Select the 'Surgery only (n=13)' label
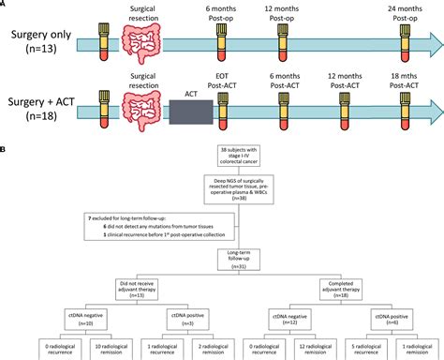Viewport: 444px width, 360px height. point(35,37)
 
